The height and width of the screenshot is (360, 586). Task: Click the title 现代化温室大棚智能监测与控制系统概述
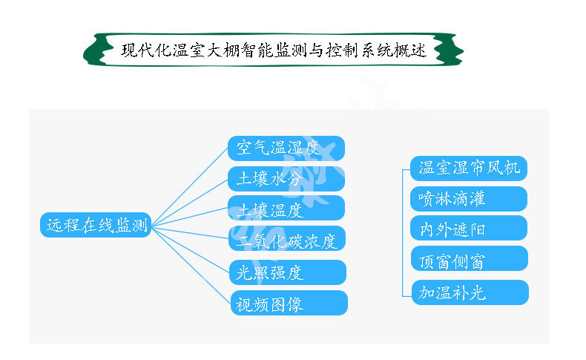[274, 51]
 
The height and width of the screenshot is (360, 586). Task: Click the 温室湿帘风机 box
[469, 168]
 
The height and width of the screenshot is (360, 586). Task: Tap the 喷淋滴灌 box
[469, 199]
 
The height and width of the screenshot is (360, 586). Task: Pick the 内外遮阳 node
[469, 229]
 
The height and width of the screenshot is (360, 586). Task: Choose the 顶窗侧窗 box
[469, 260]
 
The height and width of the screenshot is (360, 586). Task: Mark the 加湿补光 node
[469, 292]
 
